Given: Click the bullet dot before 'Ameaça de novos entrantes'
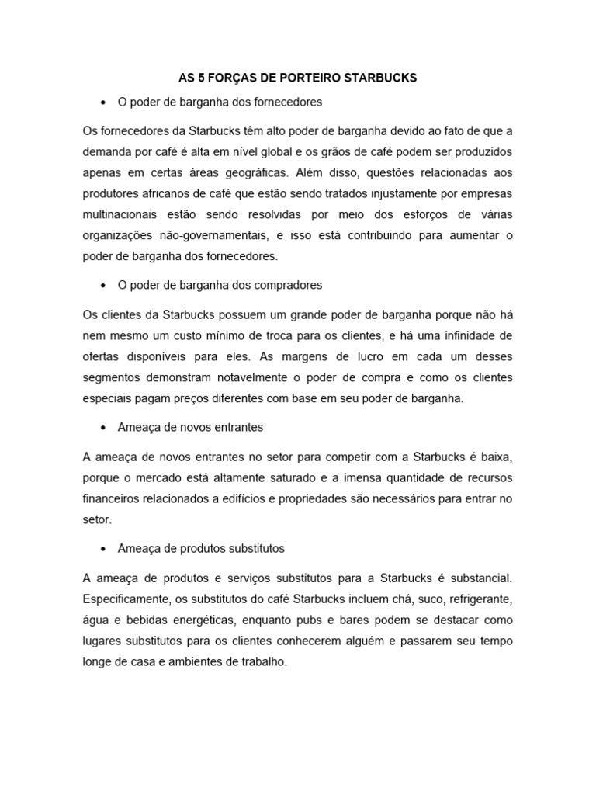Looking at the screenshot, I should (x=102, y=427).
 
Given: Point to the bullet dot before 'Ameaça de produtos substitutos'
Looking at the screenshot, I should (x=102, y=549).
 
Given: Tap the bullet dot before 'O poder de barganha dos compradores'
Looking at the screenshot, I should (x=102, y=286).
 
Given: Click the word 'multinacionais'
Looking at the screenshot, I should (x=120, y=213).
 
